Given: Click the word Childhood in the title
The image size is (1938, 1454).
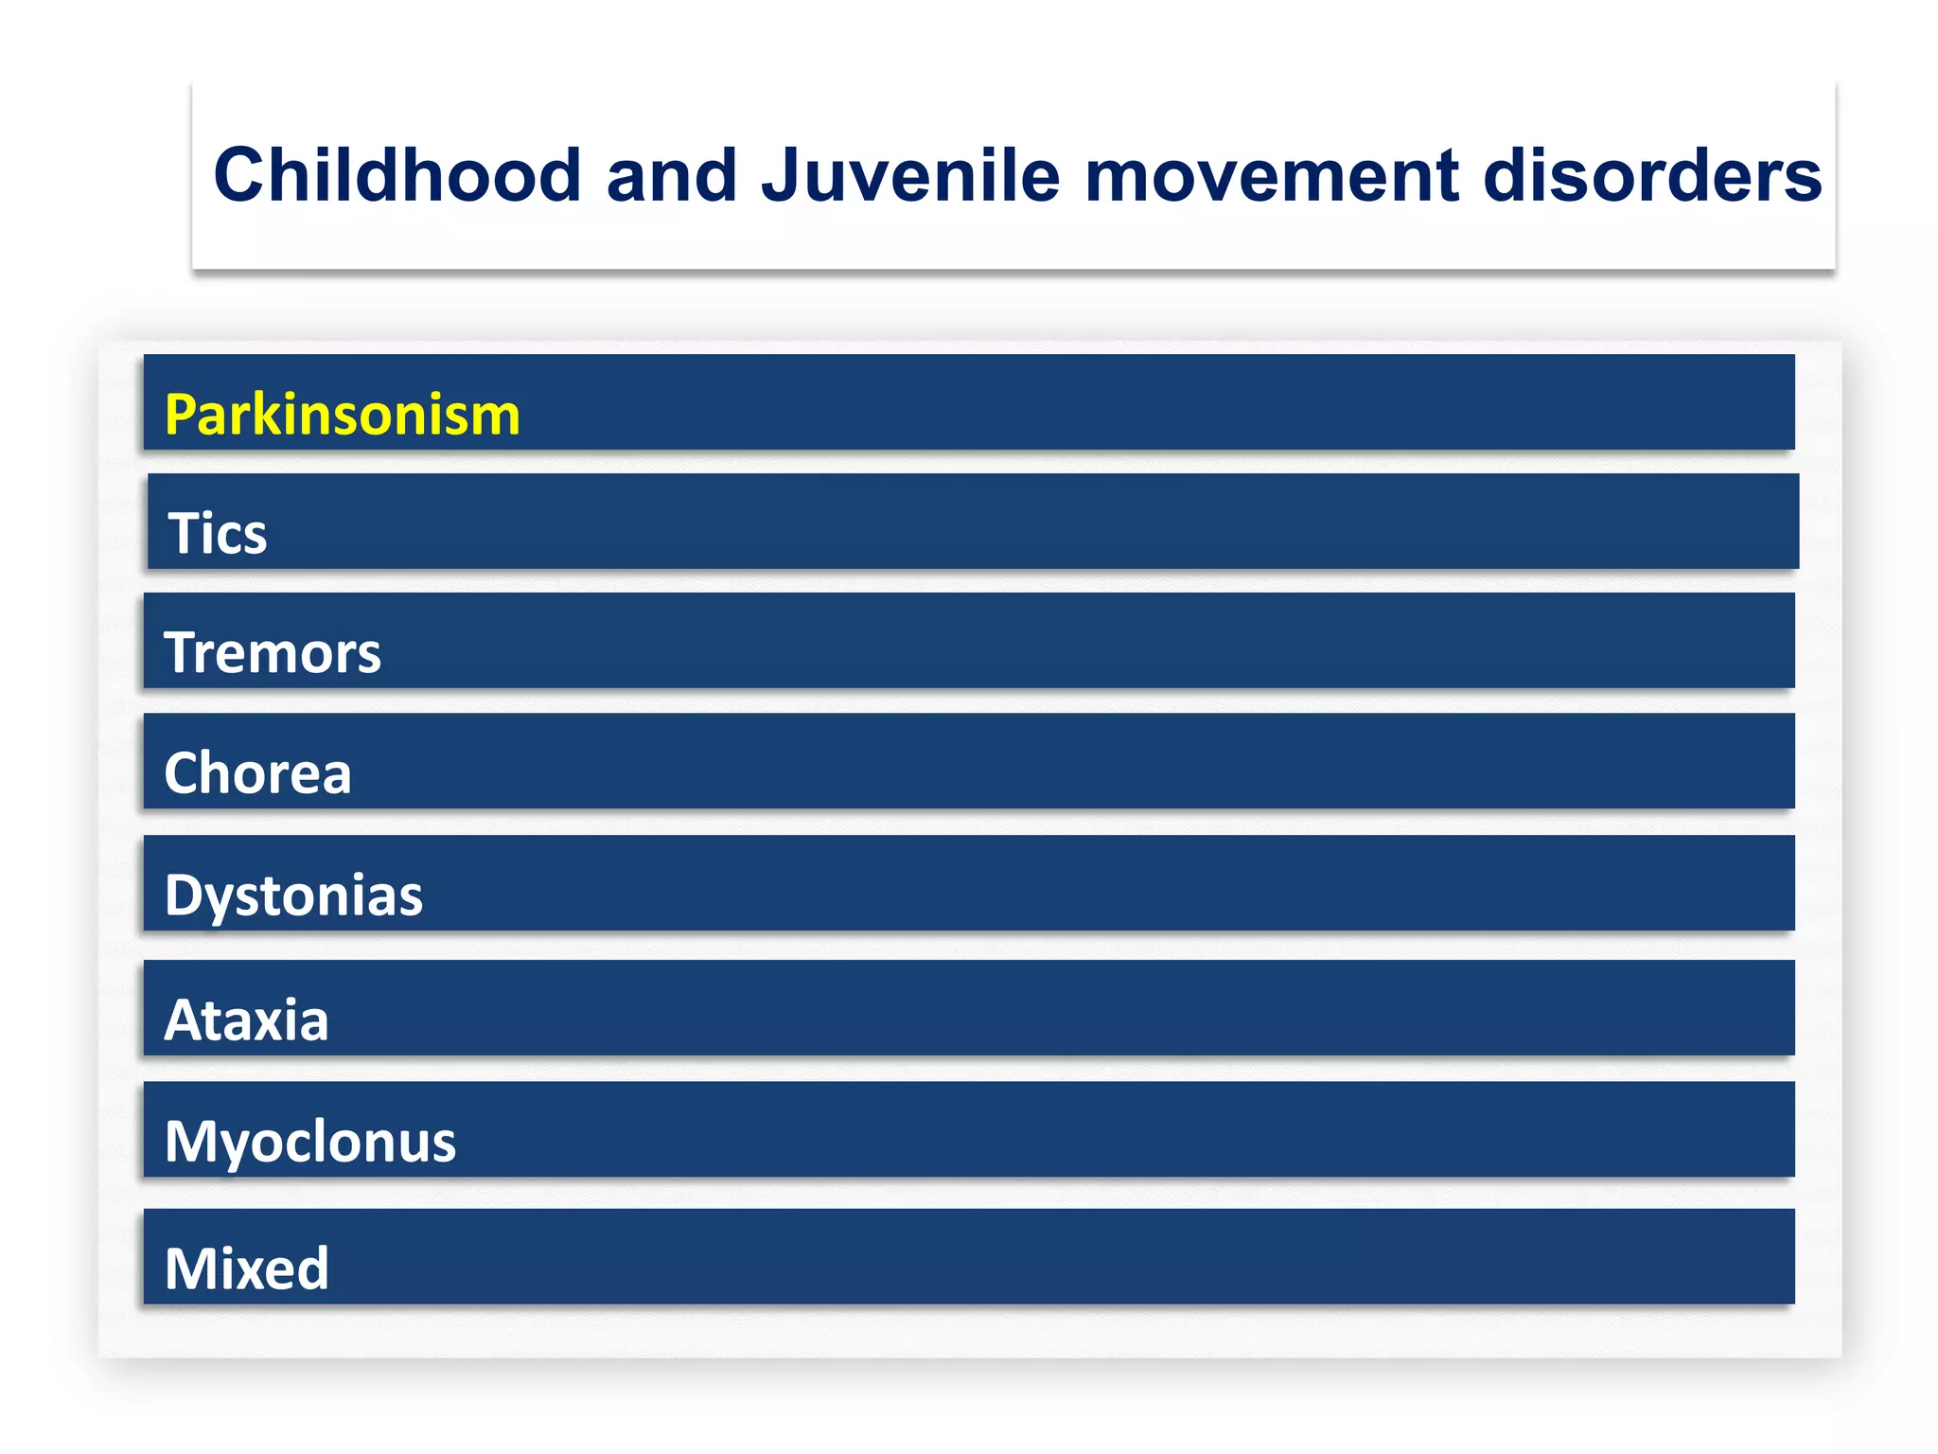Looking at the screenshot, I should (396, 176).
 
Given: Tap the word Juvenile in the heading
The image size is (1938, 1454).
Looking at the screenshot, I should (910, 176).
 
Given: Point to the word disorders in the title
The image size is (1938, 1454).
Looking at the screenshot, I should (1652, 176).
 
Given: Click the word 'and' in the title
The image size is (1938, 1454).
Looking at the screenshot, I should (671, 176).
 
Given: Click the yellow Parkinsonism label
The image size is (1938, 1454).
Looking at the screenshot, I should (342, 415).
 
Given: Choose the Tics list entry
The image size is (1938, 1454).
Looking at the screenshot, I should (217, 533).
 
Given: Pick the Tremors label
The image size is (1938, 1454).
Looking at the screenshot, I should (273, 653).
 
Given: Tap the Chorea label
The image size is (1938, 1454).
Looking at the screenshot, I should (257, 773).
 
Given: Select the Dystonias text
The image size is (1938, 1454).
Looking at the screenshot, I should (293, 895).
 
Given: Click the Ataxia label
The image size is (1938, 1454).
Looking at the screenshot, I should (246, 1020).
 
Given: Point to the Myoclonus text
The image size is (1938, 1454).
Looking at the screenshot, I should (309, 1142).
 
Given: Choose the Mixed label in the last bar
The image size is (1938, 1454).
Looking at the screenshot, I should (246, 1268).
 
